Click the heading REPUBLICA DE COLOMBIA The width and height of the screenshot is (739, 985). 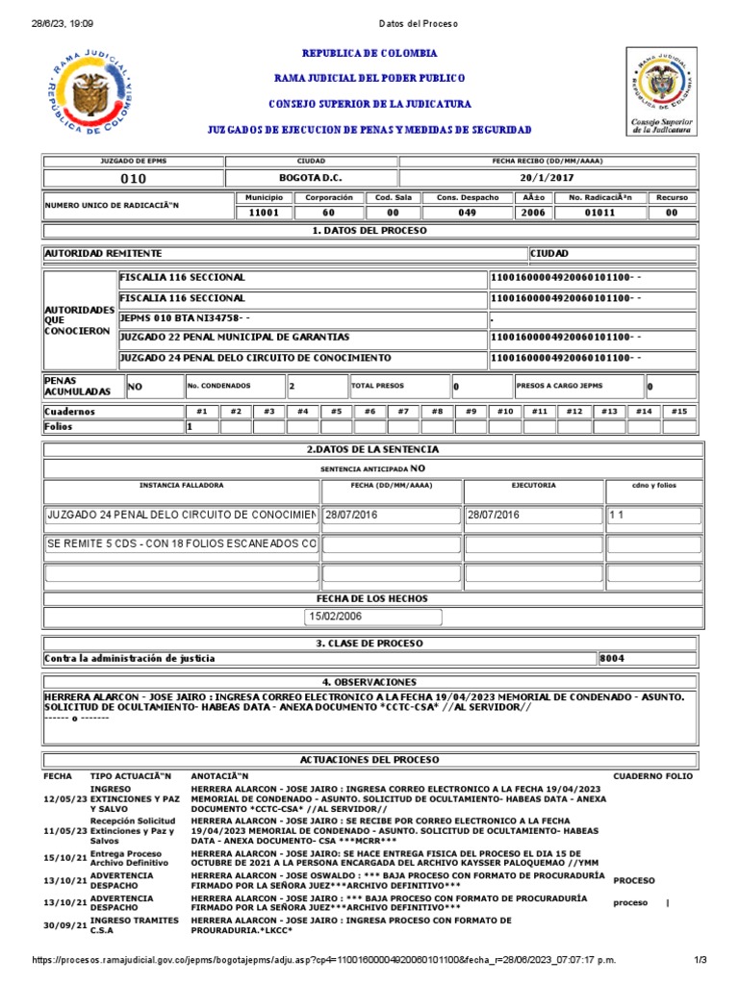(x=369, y=54)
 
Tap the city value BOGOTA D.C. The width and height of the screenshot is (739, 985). (x=310, y=179)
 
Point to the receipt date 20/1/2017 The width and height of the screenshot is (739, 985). (x=546, y=179)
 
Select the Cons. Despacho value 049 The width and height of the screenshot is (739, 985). (x=467, y=214)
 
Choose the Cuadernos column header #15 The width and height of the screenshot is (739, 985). (x=678, y=412)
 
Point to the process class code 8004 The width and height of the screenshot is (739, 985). (x=612, y=659)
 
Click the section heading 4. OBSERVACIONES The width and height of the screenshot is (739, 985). (x=369, y=681)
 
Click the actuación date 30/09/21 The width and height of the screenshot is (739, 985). (x=62, y=925)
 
